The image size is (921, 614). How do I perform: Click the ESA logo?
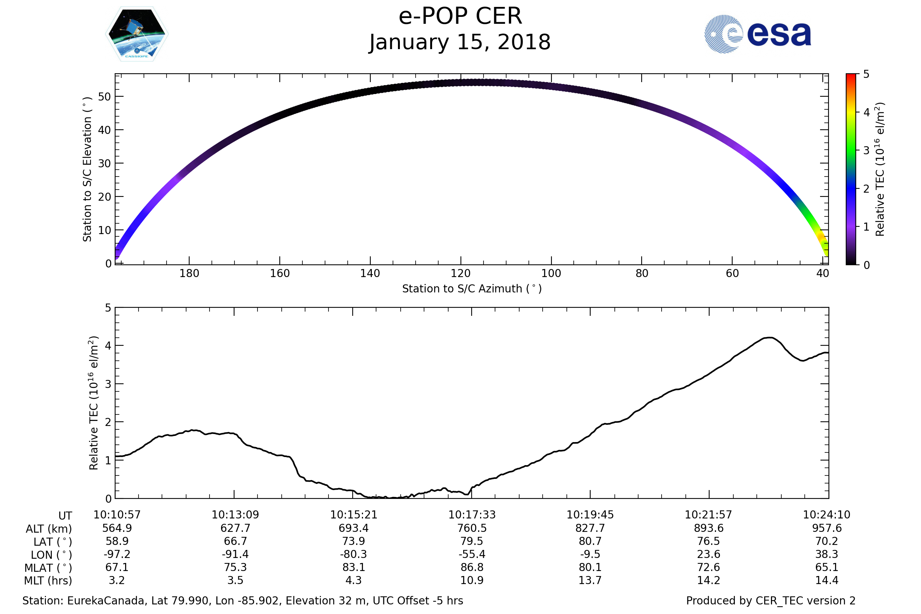click(757, 34)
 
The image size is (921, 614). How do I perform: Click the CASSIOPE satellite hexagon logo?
click(137, 34)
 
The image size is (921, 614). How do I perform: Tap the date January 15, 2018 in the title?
click(460, 42)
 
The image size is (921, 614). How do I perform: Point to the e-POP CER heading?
click(460, 17)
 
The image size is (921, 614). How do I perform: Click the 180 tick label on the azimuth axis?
click(189, 273)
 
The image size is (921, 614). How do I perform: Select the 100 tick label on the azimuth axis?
click(551, 273)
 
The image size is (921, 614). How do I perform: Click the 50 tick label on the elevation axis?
click(104, 97)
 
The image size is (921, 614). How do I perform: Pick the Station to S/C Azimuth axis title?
click(472, 289)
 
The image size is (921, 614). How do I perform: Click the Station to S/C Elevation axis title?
click(87, 169)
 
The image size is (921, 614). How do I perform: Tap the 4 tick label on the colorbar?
click(867, 113)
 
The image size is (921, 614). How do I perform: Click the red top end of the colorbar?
click(850, 76)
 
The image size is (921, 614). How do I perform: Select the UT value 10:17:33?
click(472, 515)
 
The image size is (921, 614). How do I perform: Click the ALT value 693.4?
click(353, 528)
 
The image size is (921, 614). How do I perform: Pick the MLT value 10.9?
click(472, 580)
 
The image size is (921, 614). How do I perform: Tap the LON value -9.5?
click(590, 555)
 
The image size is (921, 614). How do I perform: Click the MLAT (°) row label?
click(48, 568)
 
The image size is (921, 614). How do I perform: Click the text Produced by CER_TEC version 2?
click(771, 601)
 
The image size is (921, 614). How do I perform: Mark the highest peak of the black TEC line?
click(769, 338)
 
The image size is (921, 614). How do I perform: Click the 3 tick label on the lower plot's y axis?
click(108, 384)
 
